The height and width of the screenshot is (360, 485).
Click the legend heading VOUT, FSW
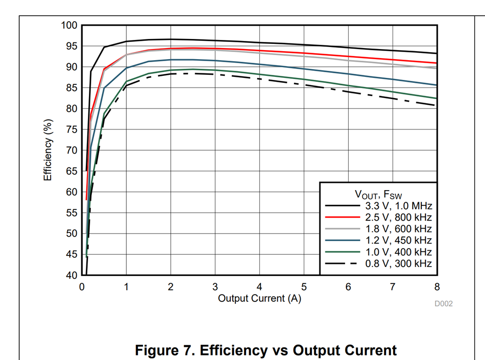(378, 194)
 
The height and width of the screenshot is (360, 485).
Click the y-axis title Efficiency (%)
(48, 150)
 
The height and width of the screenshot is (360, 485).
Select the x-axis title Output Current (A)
(259, 299)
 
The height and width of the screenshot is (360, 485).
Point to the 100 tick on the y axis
(69, 25)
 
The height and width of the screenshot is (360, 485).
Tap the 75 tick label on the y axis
(72, 129)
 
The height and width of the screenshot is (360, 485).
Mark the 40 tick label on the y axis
(72, 276)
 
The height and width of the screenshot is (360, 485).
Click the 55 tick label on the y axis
(72, 213)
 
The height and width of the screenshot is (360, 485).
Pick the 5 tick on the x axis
(304, 287)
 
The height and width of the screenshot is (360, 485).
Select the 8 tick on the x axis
(437, 287)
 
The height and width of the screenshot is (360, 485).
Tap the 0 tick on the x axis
(82, 287)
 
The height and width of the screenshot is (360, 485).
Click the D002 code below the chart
(444, 304)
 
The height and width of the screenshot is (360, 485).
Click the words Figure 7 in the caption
(166, 350)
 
